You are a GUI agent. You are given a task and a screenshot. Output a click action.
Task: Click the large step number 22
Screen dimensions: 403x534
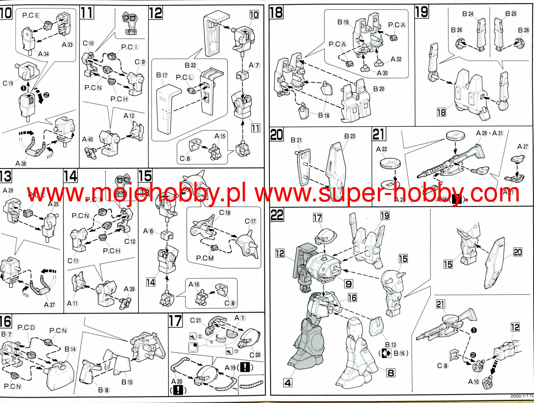[277, 215]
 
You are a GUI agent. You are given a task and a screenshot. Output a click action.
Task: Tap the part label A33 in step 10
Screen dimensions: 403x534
[67, 45]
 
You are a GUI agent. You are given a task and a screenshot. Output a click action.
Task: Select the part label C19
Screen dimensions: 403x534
[8, 83]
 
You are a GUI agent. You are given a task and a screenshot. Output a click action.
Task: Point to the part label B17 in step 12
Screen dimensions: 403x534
[162, 75]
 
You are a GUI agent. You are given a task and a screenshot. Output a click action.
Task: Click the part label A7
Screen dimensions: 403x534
[254, 65]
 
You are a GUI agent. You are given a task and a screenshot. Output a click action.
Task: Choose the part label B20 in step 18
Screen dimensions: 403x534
[379, 89]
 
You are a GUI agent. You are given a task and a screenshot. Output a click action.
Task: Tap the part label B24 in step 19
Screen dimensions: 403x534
[468, 14]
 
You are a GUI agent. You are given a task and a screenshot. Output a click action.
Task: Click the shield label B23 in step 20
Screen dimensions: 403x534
[350, 136]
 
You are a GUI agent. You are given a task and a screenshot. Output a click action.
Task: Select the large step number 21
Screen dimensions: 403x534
[379, 134]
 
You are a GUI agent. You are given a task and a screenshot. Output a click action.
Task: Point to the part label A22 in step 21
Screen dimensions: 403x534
[381, 149]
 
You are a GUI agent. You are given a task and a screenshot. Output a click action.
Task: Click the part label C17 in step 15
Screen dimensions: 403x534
[250, 221]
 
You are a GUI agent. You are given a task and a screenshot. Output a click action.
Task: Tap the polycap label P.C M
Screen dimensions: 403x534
[205, 258]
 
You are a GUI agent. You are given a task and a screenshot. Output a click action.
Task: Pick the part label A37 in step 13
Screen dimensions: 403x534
[49, 305]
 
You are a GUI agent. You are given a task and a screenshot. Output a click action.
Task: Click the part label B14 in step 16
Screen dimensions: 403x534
[70, 349]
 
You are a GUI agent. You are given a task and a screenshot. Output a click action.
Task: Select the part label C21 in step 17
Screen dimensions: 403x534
[196, 320]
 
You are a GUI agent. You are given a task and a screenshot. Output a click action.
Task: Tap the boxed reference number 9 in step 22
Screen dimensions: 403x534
[348, 284]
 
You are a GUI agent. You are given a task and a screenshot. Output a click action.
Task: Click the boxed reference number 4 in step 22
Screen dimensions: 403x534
[288, 383]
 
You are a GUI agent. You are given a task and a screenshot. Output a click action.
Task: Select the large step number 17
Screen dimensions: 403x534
[175, 321]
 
